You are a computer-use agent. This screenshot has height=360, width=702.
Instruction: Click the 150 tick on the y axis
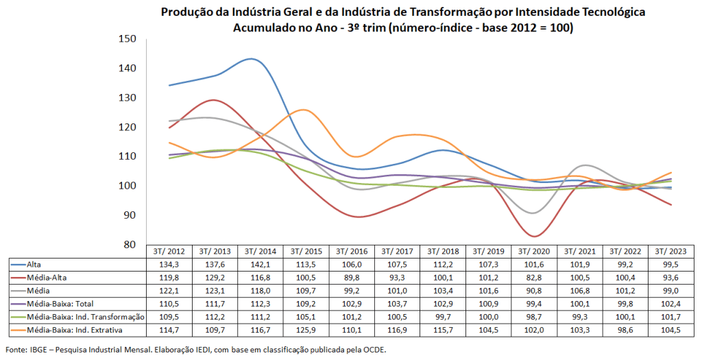(128, 39)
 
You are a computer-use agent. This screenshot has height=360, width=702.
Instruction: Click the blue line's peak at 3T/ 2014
(251, 59)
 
